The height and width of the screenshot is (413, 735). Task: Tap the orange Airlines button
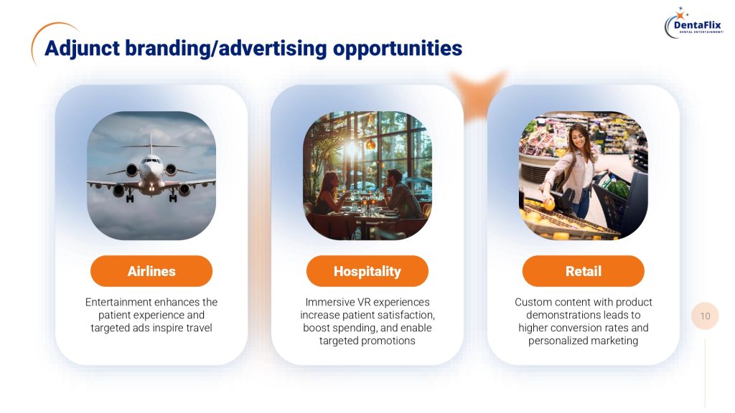tap(151, 271)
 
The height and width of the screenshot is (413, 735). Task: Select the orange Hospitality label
tap(367, 271)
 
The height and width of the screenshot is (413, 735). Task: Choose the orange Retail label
tap(583, 271)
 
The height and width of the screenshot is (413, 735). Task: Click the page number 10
tap(705, 316)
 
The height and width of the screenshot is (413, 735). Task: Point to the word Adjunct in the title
tap(82, 49)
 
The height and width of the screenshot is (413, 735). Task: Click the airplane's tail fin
tap(151, 143)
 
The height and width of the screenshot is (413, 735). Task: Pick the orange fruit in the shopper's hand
tap(549, 205)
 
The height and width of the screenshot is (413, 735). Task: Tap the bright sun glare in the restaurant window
tap(352, 149)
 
